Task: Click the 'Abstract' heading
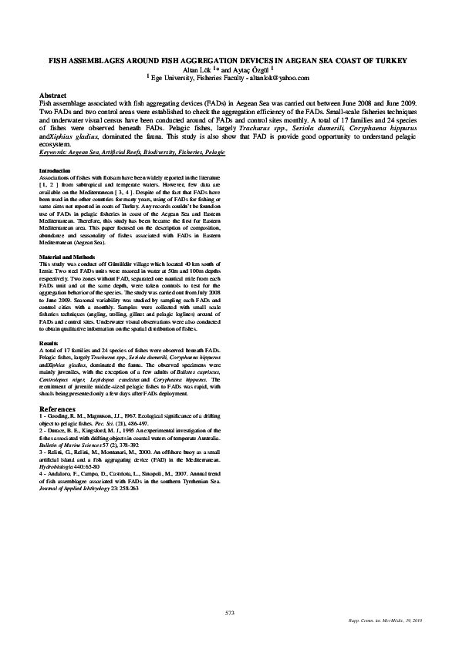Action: pos(53,95)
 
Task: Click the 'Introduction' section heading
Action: pos(54,170)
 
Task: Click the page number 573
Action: pos(229,612)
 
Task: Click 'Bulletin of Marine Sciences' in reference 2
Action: pos(73,445)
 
